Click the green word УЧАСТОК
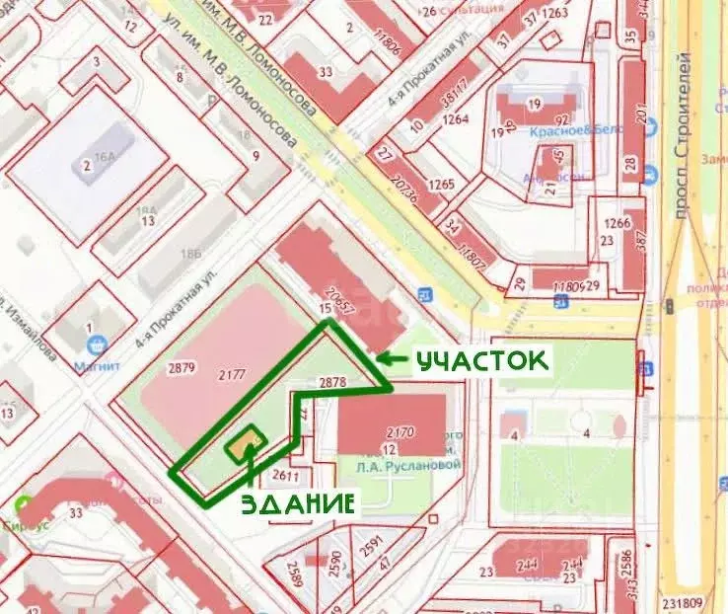480,361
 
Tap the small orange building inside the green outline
244,444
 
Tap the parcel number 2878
333,381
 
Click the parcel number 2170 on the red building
401,430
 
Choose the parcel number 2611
287,477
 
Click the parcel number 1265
442,184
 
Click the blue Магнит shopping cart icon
97,345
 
